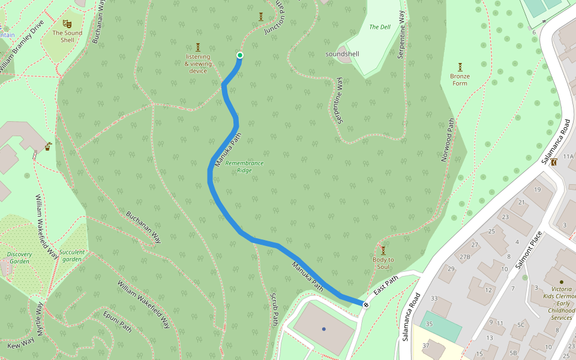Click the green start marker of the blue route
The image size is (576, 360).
tap(240, 55)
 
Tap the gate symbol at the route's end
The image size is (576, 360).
tap(366, 305)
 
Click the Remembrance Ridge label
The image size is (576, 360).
tap(244, 167)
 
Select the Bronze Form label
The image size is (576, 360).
tap(460, 80)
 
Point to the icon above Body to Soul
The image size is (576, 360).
tap(383, 250)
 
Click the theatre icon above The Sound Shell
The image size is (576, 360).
tap(67, 23)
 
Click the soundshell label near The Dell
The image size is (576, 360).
tap(342, 54)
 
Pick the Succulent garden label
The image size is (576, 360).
tap(72, 256)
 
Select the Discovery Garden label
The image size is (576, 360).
tap(19, 257)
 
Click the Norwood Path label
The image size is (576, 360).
tap(448, 140)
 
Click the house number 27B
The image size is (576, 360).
tap(465, 257)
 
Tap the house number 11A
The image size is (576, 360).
tap(568, 157)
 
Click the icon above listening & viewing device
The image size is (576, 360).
tap(198, 47)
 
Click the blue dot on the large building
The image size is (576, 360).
tap(324, 329)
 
